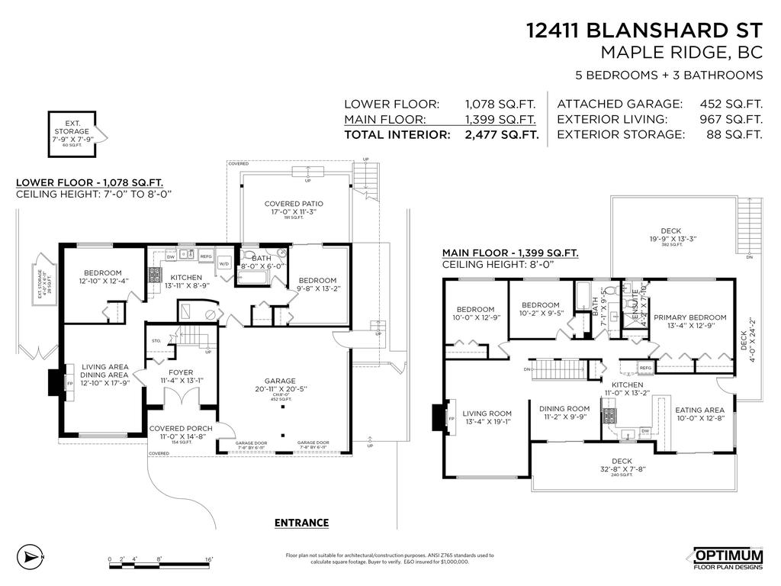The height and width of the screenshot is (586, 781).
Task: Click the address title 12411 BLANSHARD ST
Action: (644, 31)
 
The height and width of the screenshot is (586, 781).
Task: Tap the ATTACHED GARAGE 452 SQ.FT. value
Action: (731, 104)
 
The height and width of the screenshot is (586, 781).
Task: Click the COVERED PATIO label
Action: (294, 204)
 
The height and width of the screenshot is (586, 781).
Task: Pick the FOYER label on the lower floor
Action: (182, 373)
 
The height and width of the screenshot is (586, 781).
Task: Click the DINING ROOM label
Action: (564, 408)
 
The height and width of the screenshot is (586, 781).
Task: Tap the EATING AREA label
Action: (699, 410)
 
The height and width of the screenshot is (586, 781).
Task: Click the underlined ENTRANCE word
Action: (301, 523)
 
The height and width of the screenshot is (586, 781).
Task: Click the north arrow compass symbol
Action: (31, 556)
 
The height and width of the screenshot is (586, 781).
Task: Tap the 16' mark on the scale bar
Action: (208, 560)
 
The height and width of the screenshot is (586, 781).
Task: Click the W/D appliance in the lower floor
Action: (224, 263)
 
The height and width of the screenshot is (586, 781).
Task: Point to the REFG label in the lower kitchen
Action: (205, 256)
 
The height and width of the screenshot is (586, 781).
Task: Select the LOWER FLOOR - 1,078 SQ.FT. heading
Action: (88, 183)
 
